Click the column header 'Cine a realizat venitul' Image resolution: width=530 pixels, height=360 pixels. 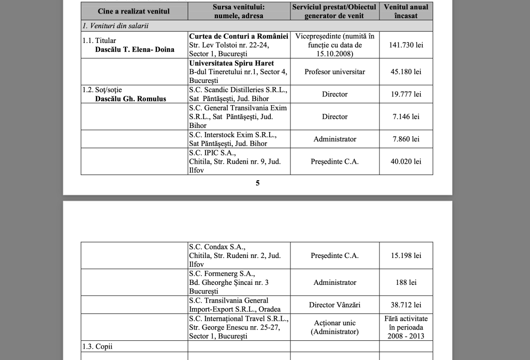[x=134, y=11]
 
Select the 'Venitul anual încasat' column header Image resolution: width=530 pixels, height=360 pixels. [x=406, y=11]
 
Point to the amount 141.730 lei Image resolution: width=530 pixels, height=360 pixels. [x=406, y=45]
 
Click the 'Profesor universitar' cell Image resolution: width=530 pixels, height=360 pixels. [x=334, y=71]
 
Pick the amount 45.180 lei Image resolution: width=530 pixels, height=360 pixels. [x=406, y=71]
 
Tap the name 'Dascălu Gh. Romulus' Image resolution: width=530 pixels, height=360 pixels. [x=130, y=98]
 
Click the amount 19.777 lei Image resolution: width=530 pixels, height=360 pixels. [x=406, y=94]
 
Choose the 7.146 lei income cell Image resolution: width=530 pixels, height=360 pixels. [x=406, y=117]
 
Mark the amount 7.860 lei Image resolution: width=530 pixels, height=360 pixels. [x=406, y=139]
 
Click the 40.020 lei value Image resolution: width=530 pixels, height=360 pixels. [x=406, y=162]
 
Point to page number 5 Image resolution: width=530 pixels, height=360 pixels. [x=257, y=183]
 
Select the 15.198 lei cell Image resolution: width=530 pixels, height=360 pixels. [x=406, y=255]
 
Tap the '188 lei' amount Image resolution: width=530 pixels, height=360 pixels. [x=406, y=282]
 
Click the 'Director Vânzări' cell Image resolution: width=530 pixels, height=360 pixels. [x=334, y=305]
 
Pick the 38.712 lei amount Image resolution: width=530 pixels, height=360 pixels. [x=406, y=305]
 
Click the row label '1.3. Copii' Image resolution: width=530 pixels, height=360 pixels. [x=97, y=346]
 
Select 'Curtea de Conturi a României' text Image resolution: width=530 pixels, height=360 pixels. [x=239, y=36]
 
